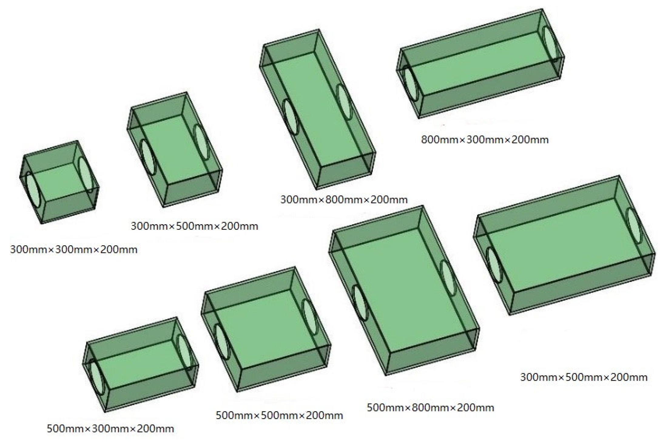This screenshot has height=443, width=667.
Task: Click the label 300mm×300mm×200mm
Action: [x=74, y=250]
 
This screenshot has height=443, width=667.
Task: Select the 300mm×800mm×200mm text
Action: [x=344, y=200]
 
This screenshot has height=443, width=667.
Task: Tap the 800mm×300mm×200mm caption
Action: [x=485, y=140]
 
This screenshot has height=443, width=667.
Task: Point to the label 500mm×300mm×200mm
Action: [x=110, y=429]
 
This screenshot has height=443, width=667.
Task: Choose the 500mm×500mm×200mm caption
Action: [x=279, y=415]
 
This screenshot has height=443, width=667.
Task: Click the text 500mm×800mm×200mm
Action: [x=430, y=407]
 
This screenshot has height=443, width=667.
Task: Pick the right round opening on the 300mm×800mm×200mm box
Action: [x=344, y=102]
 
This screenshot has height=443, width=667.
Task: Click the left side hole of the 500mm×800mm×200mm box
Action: [x=360, y=303]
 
